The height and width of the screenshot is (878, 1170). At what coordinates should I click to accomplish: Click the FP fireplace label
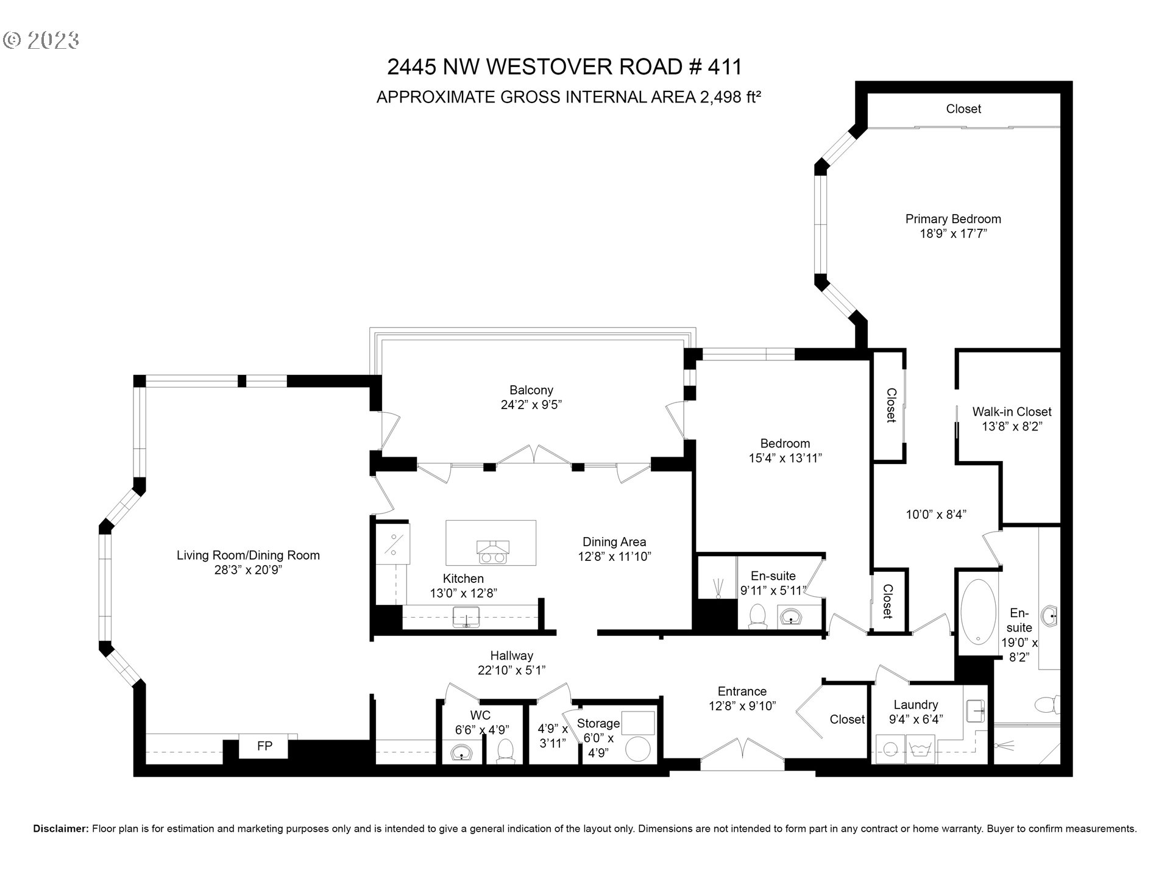[264, 746]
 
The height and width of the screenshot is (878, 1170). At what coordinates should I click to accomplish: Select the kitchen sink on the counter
[466, 617]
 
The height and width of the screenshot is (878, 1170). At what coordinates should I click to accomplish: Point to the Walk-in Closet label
[1012, 412]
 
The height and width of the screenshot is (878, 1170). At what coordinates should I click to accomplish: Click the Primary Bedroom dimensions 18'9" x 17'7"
[953, 234]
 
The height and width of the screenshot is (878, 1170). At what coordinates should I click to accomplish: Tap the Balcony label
[531, 390]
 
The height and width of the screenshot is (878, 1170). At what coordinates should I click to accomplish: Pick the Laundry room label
[915, 704]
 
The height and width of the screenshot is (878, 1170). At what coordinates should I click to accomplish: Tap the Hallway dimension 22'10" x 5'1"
[511, 670]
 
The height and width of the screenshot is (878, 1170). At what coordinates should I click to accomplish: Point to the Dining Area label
[614, 541]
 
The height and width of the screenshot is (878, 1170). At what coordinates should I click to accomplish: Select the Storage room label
[598, 723]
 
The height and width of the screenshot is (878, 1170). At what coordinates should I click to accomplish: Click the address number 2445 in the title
[411, 66]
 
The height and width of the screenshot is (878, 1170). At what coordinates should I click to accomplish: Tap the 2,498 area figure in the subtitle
[721, 97]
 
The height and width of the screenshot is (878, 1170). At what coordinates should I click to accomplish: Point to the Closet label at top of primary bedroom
[963, 109]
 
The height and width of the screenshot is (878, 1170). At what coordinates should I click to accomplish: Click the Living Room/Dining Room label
[248, 555]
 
